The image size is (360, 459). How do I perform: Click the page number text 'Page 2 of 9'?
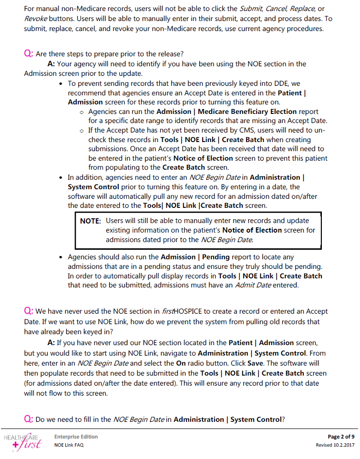(x=341, y=436)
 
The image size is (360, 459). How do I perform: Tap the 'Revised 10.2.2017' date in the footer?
(x=335, y=445)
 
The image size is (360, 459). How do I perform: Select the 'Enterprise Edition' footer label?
(x=76, y=436)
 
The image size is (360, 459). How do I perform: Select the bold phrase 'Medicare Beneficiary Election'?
(x=247, y=111)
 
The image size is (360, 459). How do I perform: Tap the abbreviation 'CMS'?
(x=254, y=130)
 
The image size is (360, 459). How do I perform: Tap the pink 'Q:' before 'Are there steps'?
(x=28, y=53)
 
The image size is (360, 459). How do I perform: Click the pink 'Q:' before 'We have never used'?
(x=28, y=311)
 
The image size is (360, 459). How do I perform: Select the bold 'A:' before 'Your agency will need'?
(x=52, y=64)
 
